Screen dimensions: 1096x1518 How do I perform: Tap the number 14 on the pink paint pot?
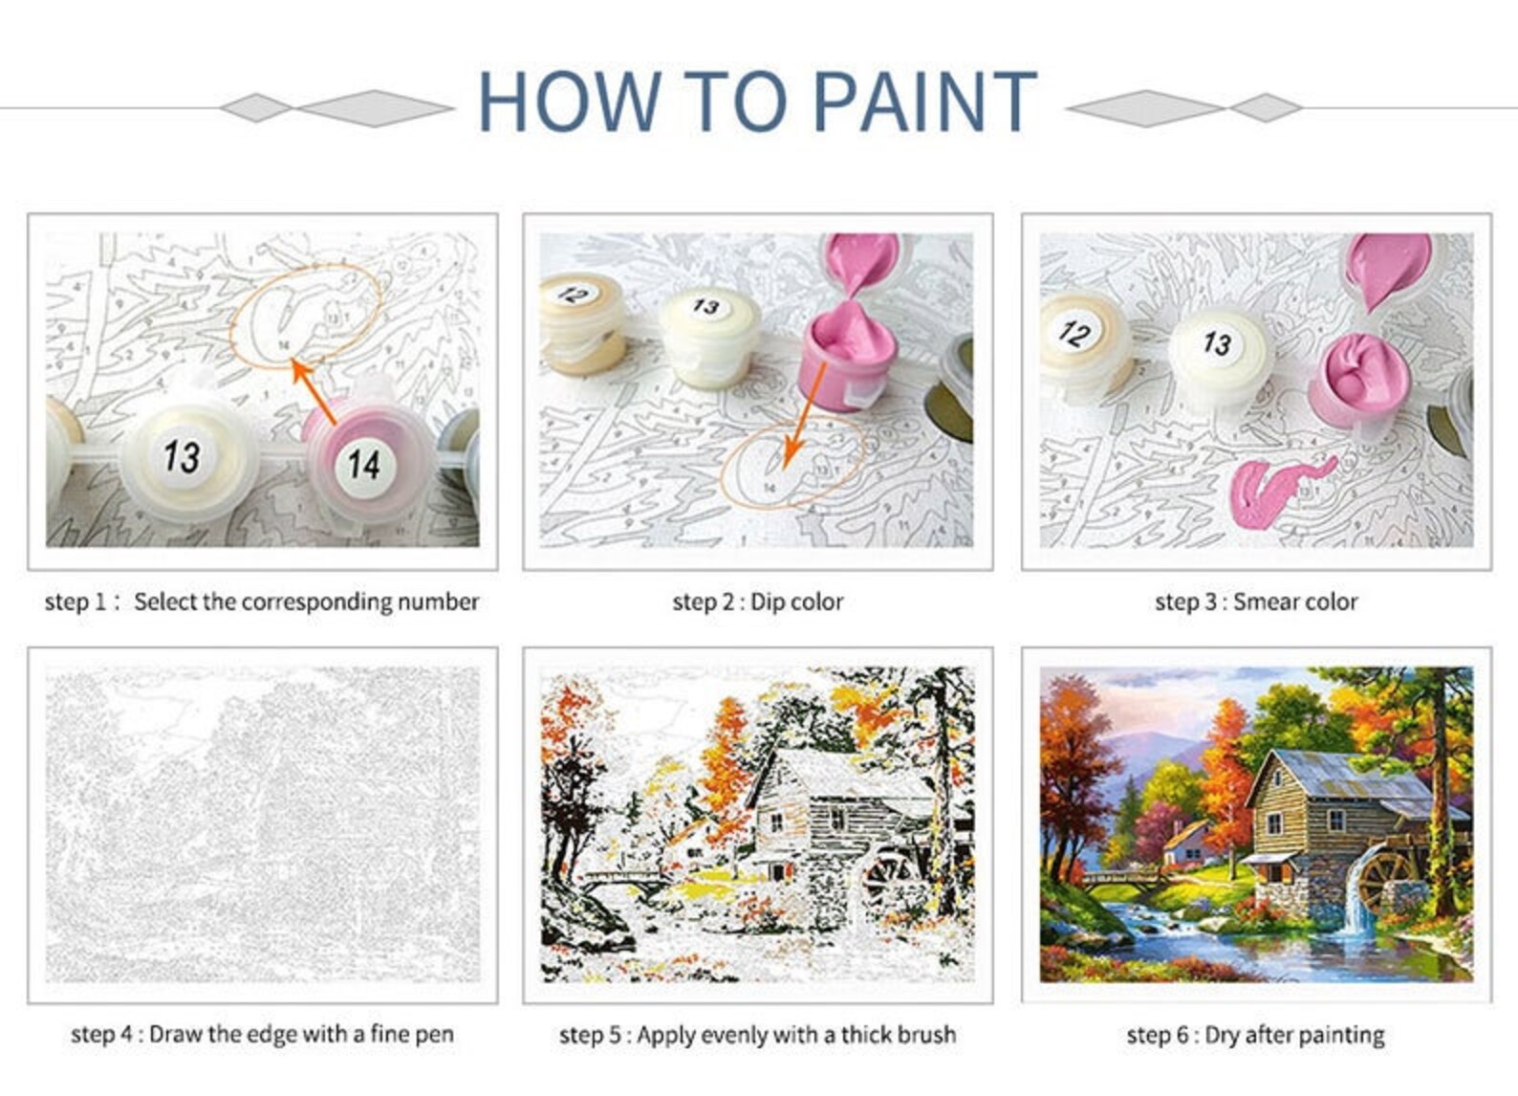pos(363,465)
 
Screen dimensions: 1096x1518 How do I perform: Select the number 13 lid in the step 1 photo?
pos(182,455)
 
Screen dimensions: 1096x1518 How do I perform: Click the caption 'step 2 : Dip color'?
pos(757,602)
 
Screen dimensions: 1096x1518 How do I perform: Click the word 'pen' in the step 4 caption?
pos(435,1034)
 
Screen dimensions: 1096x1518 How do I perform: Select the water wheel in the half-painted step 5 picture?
pos(889,875)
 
